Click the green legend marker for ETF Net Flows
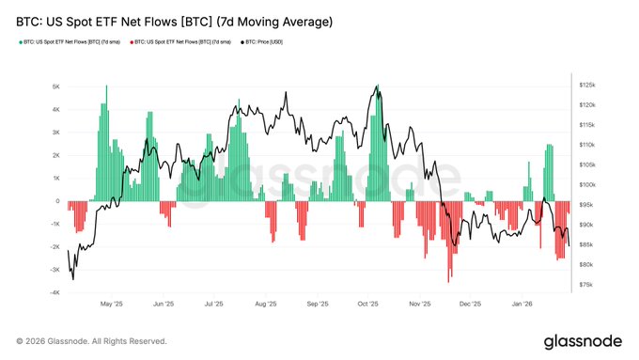point(20,42)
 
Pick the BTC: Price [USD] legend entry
point(264,42)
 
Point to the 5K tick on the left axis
point(56,86)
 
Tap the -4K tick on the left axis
point(55,292)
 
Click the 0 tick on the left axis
point(58,201)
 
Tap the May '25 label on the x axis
point(111,305)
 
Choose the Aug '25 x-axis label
point(266,305)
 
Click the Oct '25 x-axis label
point(368,305)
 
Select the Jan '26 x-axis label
point(523,305)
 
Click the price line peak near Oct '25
point(377,86)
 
